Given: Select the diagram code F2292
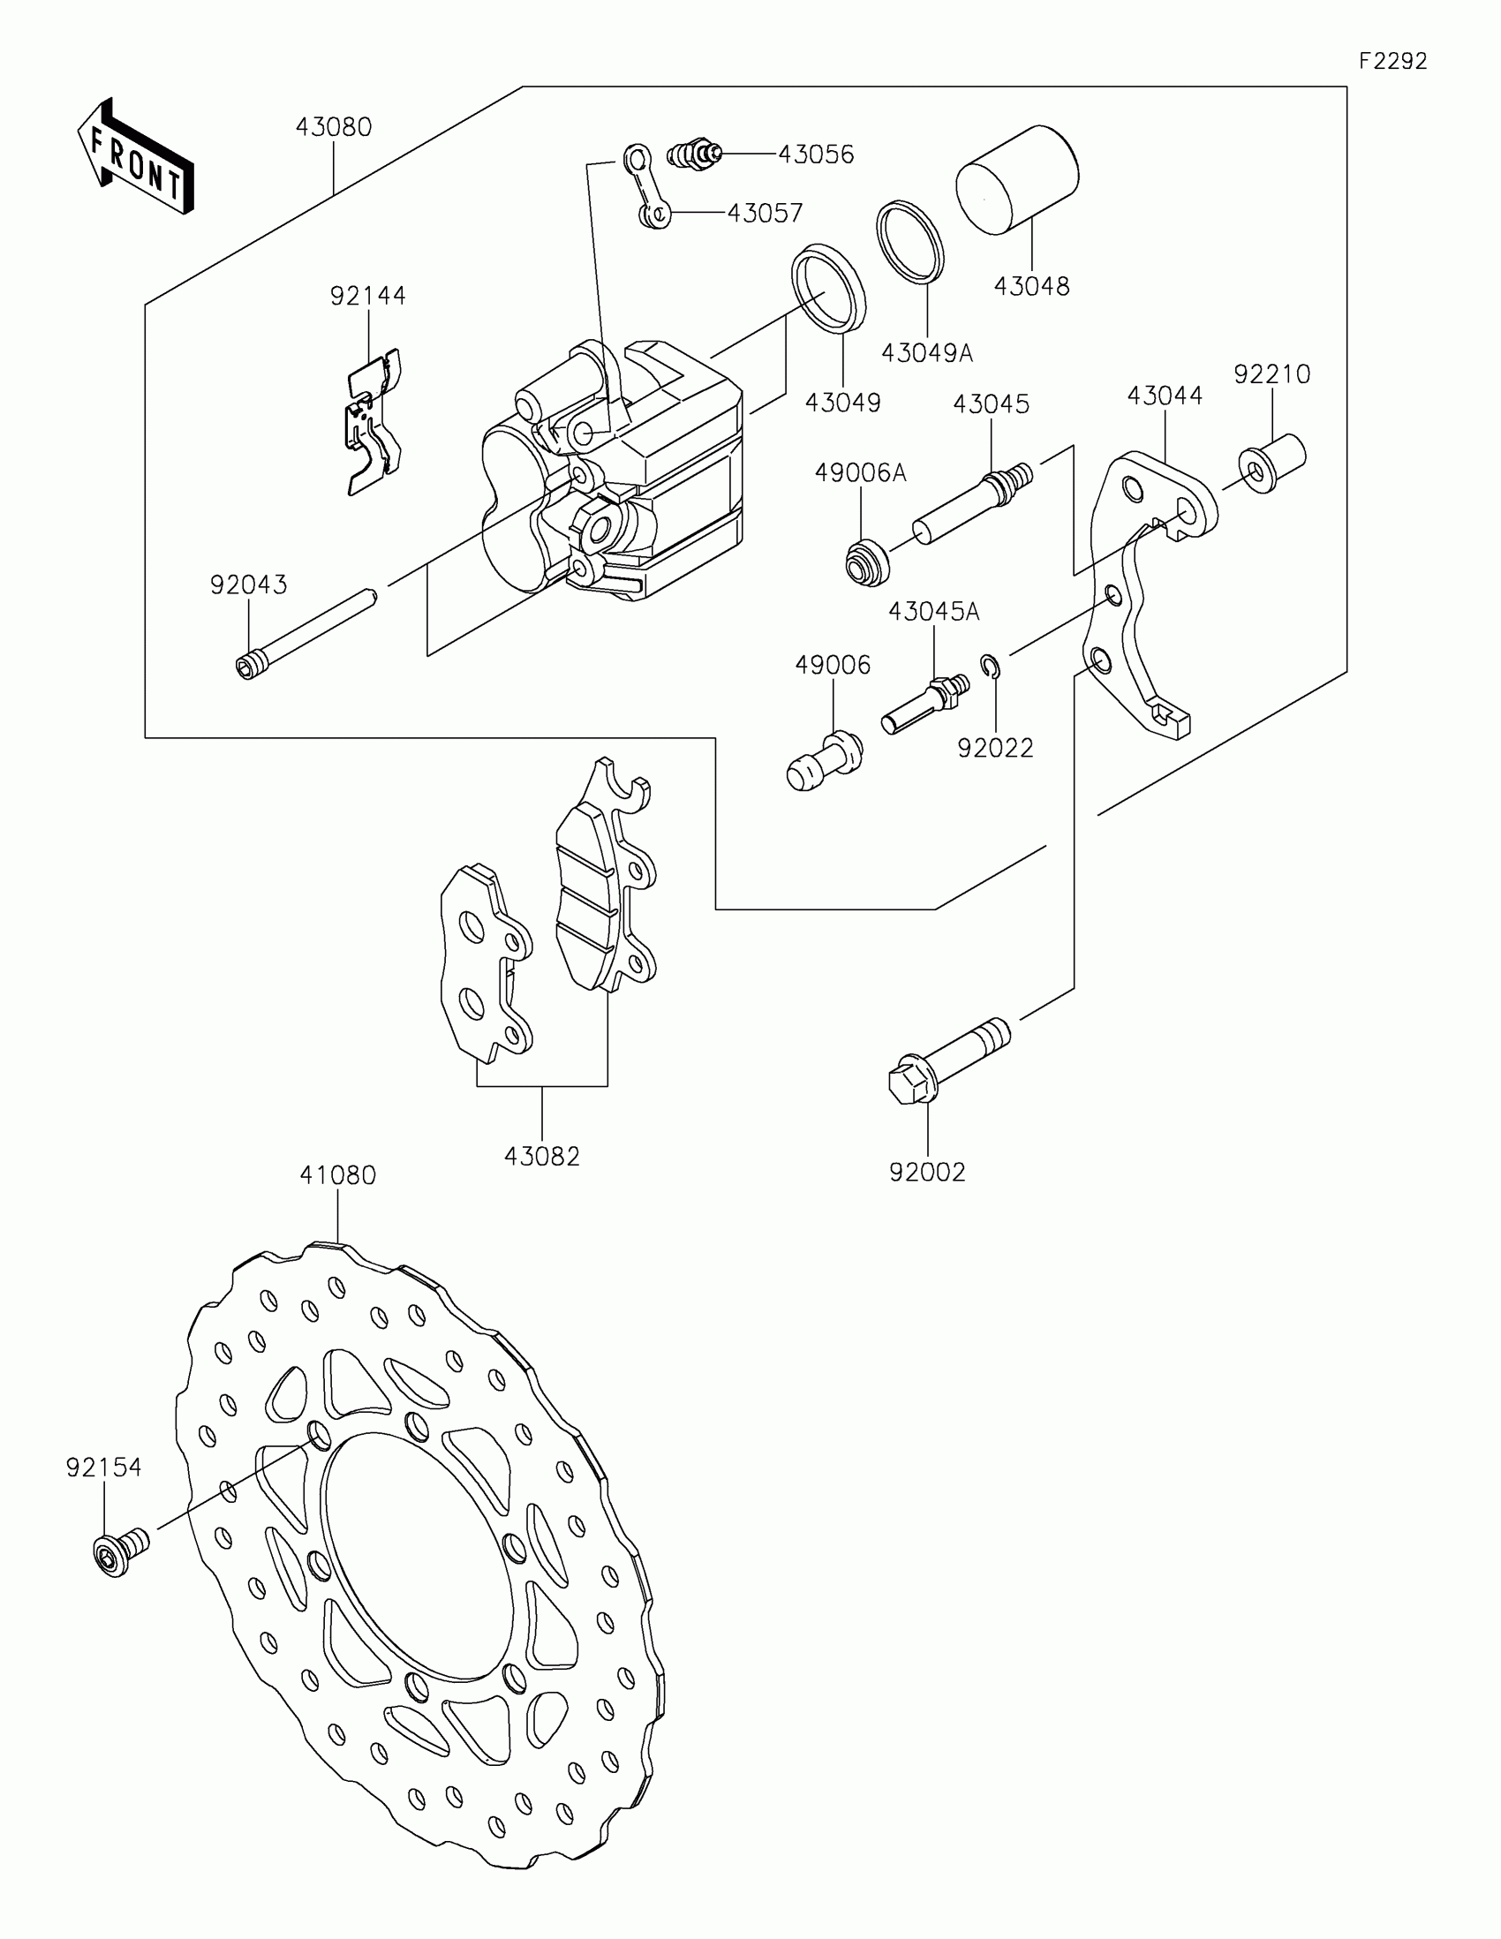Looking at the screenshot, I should tap(1392, 61).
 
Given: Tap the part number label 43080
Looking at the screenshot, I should tap(333, 127).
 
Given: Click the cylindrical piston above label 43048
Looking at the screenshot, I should tap(1017, 179).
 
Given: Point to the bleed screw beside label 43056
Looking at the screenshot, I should tap(694, 155).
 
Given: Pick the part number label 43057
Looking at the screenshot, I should tap(765, 213).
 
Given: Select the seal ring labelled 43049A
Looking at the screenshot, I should tap(911, 241).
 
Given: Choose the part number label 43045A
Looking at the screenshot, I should tap(934, 611).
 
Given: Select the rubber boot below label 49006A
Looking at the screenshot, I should tap(866, 562).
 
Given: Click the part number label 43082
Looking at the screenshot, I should tap(541, 1156).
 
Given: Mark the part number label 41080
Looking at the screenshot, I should tap(337, 1174).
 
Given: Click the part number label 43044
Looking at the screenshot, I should tap(1165, 395).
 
